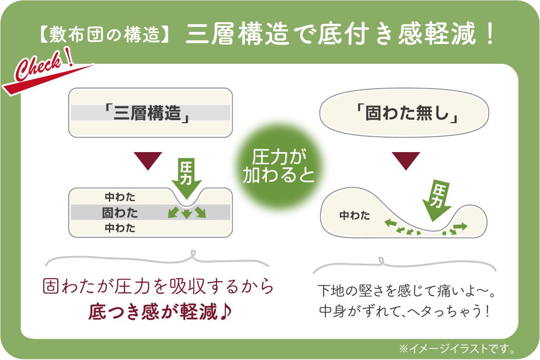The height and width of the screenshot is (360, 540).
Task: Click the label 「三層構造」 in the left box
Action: (x=147, y=113)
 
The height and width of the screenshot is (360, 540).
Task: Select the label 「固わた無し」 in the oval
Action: (x=407, y=113)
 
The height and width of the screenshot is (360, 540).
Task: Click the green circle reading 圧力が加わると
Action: (x=279, y=166)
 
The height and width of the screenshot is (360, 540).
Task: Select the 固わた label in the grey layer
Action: (x=120, y=213)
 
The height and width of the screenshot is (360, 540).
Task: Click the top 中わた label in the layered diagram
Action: (x=120, y=197)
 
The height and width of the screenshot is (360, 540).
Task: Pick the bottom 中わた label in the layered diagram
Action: (x=120, y=228)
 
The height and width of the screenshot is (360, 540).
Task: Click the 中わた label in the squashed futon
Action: (x=355, y=215)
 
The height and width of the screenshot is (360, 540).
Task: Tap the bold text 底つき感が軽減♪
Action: (x=160, y=312)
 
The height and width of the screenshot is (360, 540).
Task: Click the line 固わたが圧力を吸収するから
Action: (x=158, y=287)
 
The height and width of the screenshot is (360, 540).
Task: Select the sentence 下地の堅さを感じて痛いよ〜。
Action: (x=406, y=291)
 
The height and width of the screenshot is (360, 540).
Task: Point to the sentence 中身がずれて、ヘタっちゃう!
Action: (x=404, y=311)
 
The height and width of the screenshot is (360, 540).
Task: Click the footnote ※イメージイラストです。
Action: (x=457, y=349)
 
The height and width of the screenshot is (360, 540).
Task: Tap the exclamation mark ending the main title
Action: (x=490, y=34)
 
